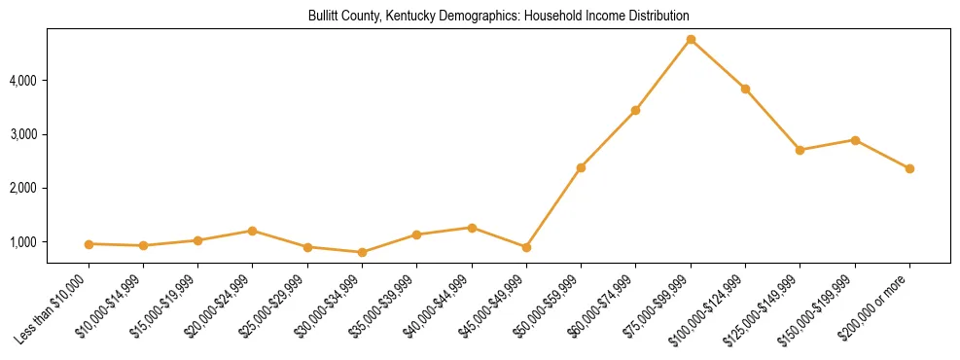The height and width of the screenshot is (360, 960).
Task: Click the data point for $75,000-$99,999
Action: pos(691,39)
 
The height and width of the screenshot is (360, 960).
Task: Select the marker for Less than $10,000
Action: pos(89,243)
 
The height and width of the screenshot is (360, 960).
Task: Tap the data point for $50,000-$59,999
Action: pos(581,167)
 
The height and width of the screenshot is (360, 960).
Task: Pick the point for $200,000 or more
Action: pos(909,168)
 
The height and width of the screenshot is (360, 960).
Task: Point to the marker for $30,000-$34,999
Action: pos(362,252)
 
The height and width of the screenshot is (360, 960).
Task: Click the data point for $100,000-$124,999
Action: pos(745,89)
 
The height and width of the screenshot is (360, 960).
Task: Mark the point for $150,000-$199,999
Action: pos(855,140)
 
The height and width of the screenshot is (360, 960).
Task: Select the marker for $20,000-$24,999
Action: pos(252,231)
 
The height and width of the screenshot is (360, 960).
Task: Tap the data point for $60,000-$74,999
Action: pos(635,110)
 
